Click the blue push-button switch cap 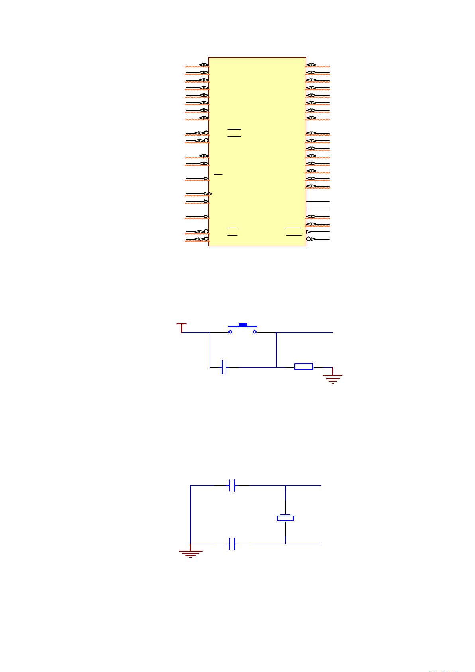coord(243,325)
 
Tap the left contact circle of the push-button coord(230,332)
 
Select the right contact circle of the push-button coord(255,332)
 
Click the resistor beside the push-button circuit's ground coord(304,367)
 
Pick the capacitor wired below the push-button coord(224,367)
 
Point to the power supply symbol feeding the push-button coord(182,327)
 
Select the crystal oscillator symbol coord(285,518)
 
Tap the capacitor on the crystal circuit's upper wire coord(233,485)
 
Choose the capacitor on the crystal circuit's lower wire coord(233,544)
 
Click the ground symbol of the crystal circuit coord(190,553)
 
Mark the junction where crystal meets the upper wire coord(285,485)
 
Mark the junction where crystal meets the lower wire coord(285,544)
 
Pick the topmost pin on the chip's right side coord(318,65)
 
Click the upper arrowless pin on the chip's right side coord(318,201)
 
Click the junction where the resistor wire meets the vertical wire coord(276,367)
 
